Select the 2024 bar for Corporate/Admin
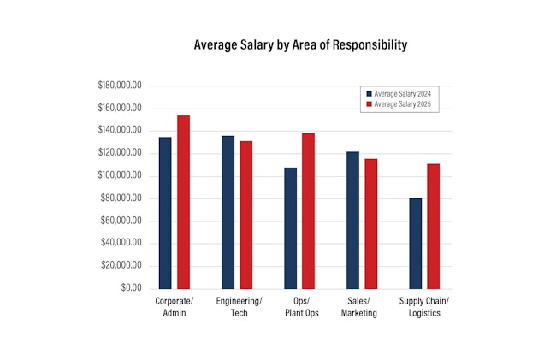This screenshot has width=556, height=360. (165, 212)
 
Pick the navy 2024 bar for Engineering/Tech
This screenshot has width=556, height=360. (228, 211)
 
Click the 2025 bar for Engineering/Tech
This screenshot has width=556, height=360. (245, 215)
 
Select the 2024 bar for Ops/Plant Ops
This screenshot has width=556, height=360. (291, 227)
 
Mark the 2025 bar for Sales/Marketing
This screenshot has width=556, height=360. (370, 223)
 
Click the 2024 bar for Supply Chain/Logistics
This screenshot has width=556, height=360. (416, 243)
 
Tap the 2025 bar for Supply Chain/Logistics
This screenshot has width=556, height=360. (433, 226)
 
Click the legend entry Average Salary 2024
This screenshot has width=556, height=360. (399, 93)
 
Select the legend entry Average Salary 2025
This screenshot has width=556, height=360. (399, 103)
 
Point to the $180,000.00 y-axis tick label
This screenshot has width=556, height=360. (120, 86)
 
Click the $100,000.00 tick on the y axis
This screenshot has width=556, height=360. (120, 176)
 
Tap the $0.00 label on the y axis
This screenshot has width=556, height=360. (131, 288)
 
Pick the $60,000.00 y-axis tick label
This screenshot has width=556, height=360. (122, 221)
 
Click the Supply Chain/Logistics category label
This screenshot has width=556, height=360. (425, 308)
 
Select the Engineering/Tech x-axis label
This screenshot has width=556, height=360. (239, 308)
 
